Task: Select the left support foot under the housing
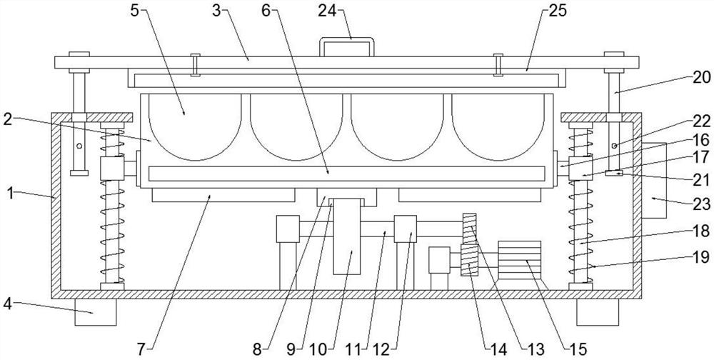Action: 95,312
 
